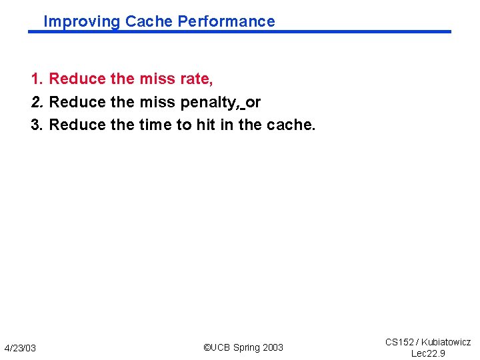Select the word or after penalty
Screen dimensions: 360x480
click(x=253, y=102)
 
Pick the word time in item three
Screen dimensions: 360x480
click(x=155, y=125)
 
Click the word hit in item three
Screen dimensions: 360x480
click(x=205, y=125)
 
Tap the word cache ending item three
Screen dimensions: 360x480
click(x=291, y=125)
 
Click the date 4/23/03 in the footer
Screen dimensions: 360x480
click(x=20, y=348)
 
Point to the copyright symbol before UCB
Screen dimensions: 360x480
click(x=207, y=347)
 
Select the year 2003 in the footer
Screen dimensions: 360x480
click(x=273, y=347)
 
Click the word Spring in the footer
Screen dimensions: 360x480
click(x=247, y=347)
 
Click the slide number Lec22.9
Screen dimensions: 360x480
click(x=427, y=353)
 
